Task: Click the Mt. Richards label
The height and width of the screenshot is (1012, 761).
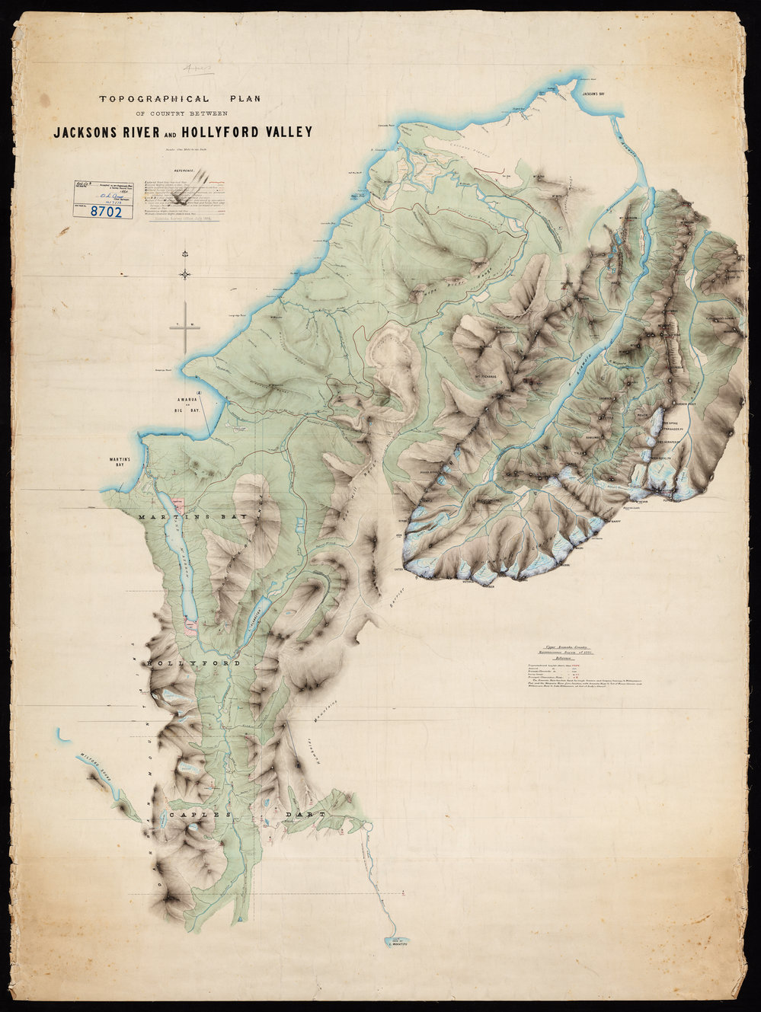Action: point(484,376)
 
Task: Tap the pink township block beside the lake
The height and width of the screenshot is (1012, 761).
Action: point(181,504)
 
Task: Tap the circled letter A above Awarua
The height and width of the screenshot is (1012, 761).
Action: point(198,393)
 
